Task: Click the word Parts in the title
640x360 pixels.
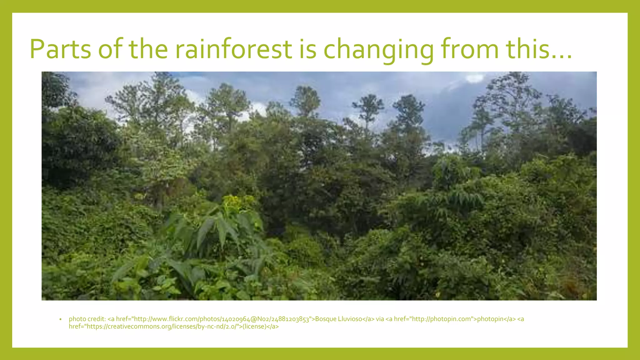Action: (60, 49)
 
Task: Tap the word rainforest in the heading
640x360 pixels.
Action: (233, 49)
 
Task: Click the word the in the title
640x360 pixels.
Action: (148, 49)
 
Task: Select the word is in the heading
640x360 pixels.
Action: (307, 49)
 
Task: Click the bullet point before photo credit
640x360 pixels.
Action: (60, 319)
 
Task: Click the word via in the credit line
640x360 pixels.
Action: (380, 319)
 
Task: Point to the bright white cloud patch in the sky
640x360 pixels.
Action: (474, 78)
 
